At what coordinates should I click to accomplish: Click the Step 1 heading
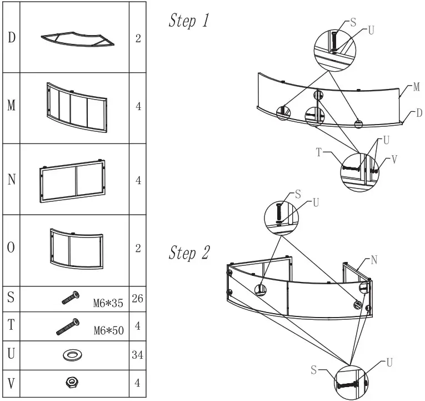click(x=189, y=21)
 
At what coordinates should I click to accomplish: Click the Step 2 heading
click(x=189, y=253)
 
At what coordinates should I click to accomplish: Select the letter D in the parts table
click(x=11, y=38)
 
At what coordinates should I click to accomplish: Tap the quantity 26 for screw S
click(x=138, y=299)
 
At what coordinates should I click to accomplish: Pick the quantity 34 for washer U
click(x=138, y=355)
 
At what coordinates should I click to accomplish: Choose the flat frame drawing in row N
click(x=73, y=180)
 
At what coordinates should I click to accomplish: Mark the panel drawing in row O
click(x=76, y=248)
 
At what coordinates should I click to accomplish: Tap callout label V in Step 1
click(x=394, y=159)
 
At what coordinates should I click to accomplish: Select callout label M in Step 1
click(x=416, y=87)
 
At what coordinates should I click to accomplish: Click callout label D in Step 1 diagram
click(x=419, y=113)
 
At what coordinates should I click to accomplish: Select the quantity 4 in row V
click(x=138, y=383)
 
